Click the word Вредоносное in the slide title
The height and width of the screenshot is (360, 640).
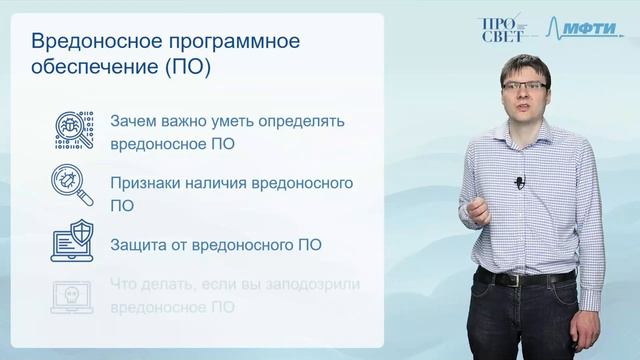[x=93, y=43]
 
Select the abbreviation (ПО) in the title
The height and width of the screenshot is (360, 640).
[x=186, y=69]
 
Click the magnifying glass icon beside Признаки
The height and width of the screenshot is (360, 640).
[x=73, y=186]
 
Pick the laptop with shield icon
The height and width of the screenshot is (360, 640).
[x=73, y=241]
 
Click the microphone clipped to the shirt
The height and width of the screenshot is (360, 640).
[x=519, y=182]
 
